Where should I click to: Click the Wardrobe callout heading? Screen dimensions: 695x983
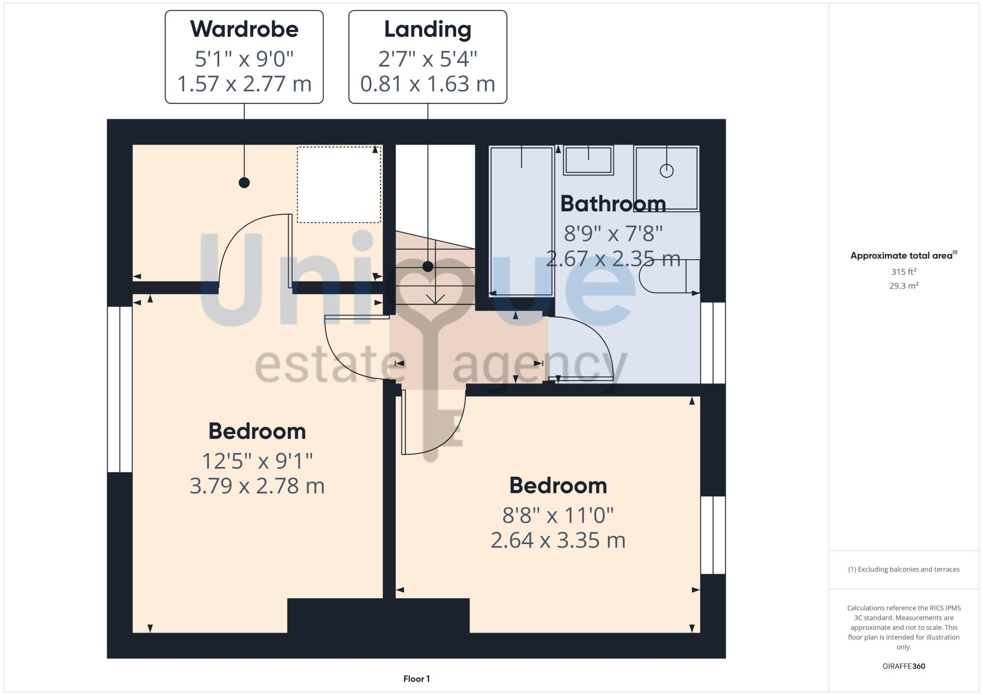(x=244, y=29)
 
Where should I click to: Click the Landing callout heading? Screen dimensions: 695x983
(x=428, y=29)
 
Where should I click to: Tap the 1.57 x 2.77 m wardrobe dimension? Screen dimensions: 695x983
(x=244, y=84)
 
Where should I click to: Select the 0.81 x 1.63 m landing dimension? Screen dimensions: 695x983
(x=428, y=84)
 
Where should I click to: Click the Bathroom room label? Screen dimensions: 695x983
(x=613, y=204)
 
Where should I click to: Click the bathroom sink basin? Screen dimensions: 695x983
(x=588, y=160)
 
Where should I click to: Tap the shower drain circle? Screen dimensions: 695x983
(x=666, y=171)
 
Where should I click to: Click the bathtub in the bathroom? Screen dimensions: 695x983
(x=521, y=221)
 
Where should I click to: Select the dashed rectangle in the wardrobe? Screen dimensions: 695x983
(x=339, y=185)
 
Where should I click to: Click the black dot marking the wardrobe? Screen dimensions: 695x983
(x=244, y=183)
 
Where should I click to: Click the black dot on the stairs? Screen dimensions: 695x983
(x=428, y=266)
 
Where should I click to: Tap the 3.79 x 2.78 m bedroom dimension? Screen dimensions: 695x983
(x=257, y=486)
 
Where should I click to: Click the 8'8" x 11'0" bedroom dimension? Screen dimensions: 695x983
(x=558, y=516)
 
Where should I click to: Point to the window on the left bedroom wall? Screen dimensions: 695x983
(x=119, y=389)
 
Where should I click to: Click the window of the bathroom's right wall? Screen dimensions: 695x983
(x=713, y=343)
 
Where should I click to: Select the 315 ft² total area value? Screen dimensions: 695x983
(x=903, y=272)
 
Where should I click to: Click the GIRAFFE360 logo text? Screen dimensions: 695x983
(x=903, y=666)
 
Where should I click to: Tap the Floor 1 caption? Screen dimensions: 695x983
(x=416, y=679)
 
